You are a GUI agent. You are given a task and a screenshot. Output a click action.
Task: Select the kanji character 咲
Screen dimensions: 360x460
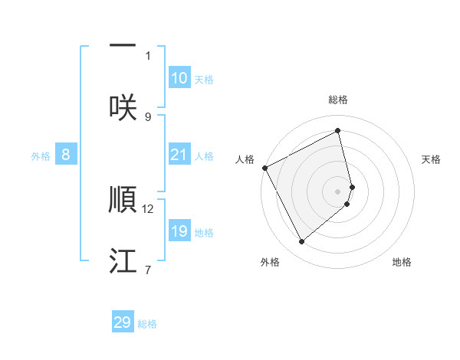pyautogui.click(x=123, y=107)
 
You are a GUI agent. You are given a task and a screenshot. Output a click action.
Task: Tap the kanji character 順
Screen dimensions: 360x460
pyautogui.click(x=123, y=199)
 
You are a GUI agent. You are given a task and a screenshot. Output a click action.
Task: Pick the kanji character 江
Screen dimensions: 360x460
pyautogui.click(x=123, y=260)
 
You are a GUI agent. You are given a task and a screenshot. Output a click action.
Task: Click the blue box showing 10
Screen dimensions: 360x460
pyautogui.click(x=179, y=78)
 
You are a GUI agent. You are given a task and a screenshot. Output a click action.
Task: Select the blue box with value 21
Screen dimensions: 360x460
pyautogui.click(x=179, y=155)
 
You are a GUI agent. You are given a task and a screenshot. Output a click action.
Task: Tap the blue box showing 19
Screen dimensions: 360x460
pyautogui.click(x=179, y=231)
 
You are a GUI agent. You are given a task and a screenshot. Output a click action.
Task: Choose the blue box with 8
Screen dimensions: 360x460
pyautogui.click(x=66, y=155)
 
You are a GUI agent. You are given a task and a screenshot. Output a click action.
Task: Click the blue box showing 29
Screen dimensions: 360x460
pyautogui.click(x=123, y=322)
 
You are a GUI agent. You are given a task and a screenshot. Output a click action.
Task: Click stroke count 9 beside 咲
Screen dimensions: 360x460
pyautogui.click(x=148, y=116)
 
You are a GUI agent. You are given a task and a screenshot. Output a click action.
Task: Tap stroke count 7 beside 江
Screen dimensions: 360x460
pyautogui.click(x=148, y=270)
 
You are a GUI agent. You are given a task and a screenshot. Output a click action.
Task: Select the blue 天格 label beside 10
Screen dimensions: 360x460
pyautogui.click(x=204, y=80)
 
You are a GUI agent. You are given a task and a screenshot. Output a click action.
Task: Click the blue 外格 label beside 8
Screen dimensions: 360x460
pyautogui.click(x=41, y=155)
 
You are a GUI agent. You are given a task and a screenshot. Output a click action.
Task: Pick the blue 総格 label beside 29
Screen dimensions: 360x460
pyautogui.click(x=147, y=324)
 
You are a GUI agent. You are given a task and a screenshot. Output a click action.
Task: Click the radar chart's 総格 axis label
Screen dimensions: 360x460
pyautogui.click(x=338, y=100)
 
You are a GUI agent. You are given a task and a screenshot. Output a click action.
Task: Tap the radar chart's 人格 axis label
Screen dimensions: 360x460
pyautogui.click(x=245, y=159)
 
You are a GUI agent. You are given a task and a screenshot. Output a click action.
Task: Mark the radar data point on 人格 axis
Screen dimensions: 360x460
pyautogui.click(x=264, y=168)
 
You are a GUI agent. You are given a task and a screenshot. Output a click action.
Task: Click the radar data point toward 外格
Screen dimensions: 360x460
pyautogui.click(x=301, y=242)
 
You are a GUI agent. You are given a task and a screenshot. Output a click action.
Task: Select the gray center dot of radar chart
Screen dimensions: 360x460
pyautogui.click(x=338, y=191)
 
